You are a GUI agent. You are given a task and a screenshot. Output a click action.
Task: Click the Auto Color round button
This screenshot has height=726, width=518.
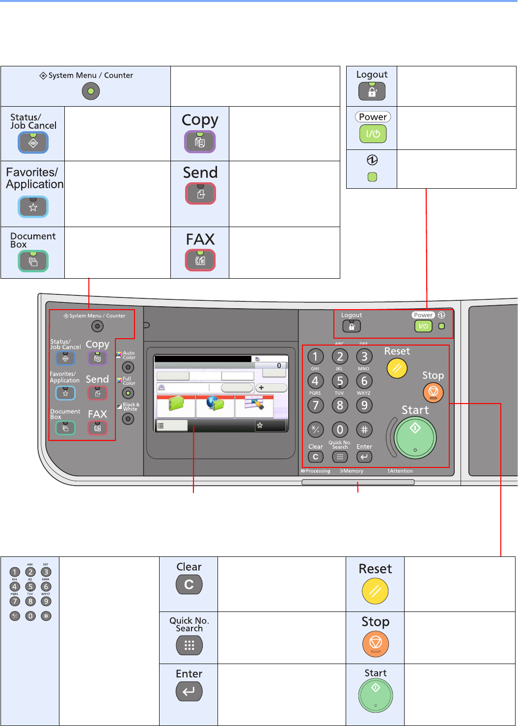click(x=128, y=367)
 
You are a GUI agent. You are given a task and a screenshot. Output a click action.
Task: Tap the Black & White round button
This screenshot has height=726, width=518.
click(x=128, y=419)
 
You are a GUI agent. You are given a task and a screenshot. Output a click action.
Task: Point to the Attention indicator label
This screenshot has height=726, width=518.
click(x=400, y=471)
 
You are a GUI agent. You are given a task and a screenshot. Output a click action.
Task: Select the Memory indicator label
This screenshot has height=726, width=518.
click(x=352, y=471)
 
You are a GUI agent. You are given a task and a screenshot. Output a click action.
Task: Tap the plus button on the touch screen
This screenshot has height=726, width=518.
click(x=271, y=388)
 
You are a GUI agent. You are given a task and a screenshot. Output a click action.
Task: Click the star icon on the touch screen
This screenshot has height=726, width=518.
click(x=260, y=426)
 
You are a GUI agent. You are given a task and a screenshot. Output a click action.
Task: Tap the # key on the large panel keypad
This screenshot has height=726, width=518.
click(x=364, y=430)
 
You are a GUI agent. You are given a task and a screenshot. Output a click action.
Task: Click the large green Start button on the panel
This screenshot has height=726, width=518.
click(x=415, y=437)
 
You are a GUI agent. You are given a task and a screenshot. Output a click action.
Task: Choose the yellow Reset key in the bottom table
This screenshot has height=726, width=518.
click(x=375, y=591)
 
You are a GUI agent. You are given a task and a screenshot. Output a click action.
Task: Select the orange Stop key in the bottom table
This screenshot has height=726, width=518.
click(x=375, y=643)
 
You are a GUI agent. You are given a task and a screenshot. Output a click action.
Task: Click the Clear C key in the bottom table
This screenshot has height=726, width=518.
click(x=189, y=584)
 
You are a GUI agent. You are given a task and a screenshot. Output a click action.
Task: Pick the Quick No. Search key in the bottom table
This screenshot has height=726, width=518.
click(x=189, y=645)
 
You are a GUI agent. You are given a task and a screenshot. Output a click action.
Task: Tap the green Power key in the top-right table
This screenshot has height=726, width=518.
click(x=373, y=134)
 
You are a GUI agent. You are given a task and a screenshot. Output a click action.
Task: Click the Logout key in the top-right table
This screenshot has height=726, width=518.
click(x=372, y=91)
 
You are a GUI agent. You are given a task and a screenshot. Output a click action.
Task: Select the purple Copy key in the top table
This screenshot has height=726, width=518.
click(x=200, y=142)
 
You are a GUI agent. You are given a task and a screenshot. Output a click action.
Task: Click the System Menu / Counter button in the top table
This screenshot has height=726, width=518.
click(x=91, y=91)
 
